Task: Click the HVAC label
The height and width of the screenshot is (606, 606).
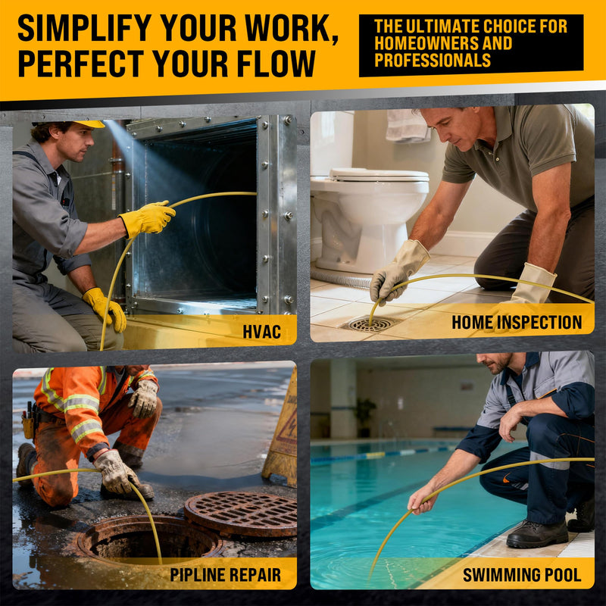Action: (x=261, y=332)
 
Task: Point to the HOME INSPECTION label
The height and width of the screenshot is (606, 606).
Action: (x=517, y=322)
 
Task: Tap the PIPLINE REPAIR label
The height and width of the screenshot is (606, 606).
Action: (x=225, y=575)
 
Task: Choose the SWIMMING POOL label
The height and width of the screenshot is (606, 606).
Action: (x=522, y=575)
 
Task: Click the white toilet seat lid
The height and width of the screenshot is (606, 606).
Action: (x=379, y=174)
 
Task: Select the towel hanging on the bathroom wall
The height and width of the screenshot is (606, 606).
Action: (x=408, y=125)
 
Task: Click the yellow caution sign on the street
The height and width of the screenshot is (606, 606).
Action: (x=281, y=430)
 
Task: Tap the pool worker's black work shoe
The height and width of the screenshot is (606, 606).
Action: (x=537, y=533)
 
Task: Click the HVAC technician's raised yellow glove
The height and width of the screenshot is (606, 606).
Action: (x=148, y=218)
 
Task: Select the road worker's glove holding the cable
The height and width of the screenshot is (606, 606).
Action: (x=115, y=472)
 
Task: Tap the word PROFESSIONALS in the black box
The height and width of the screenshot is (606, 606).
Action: (x=432, y=60)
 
